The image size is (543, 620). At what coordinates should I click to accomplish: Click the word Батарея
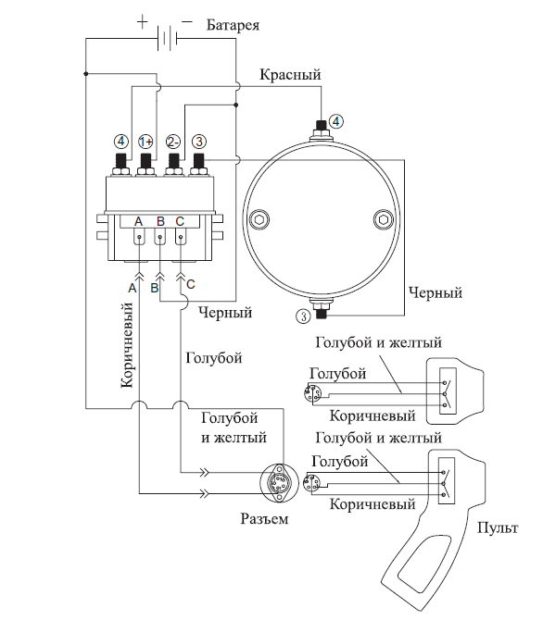(233, 25)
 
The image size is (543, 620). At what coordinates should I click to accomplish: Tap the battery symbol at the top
(167, 38)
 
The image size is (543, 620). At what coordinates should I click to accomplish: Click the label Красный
(290, 74)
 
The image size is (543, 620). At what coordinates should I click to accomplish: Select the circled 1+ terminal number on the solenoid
(145, 142)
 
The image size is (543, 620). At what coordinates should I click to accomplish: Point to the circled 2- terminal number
(173, 142)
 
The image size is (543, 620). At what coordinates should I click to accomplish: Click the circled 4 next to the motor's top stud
(335, 121)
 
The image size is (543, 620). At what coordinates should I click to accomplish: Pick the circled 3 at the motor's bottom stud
(303, 316)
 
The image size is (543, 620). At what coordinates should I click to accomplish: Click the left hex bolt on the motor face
(259, 218)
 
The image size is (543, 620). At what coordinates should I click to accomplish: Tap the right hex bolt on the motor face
(384, 218)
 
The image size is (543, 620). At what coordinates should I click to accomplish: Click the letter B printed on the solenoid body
(160, 221)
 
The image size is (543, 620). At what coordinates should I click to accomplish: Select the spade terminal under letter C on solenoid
(181, 242)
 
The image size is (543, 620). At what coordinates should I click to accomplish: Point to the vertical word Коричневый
(127, 345)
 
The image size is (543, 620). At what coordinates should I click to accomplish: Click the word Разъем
(264, 519)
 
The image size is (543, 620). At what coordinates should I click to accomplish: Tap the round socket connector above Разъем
(279, 482)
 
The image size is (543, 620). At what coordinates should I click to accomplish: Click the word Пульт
(498, 527)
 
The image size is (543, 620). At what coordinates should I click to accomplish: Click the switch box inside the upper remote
(448, 391)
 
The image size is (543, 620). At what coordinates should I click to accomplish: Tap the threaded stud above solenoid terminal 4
(120, 160)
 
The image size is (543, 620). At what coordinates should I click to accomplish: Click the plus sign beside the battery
(142, 21)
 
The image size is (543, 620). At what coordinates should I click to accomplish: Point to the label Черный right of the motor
(436, 293)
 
